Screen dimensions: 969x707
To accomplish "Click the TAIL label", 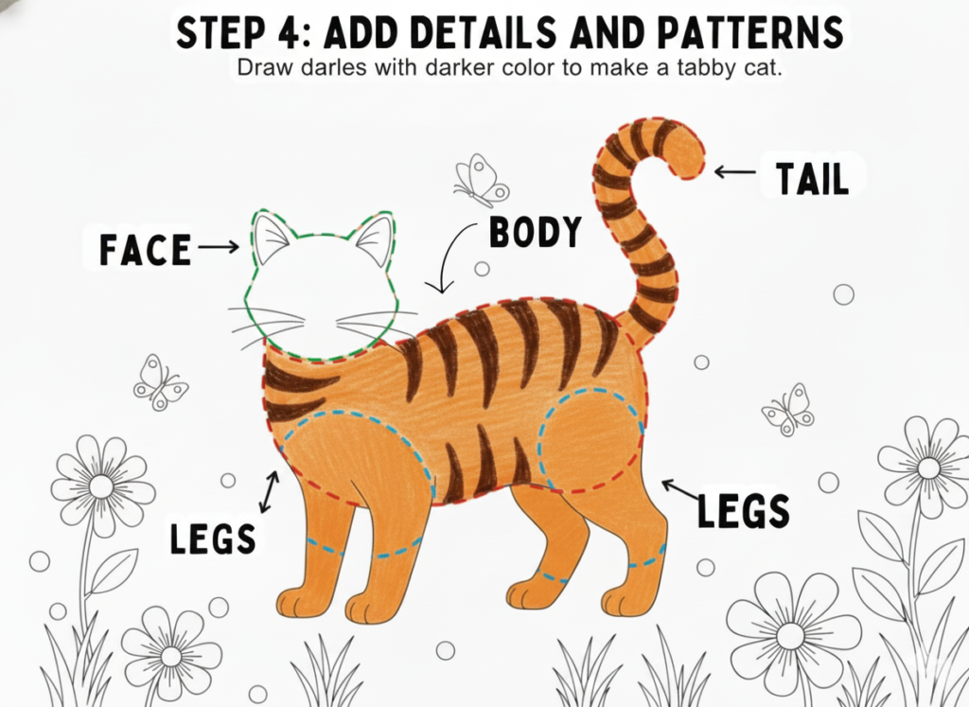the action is pyautogui.click(x=812, y=179).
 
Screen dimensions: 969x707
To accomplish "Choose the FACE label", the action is pyautogui.click(x=145, y=250).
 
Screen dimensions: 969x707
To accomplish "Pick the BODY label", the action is pyautogui.click(x=536, y=232).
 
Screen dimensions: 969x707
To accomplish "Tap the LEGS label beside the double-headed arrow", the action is pyautogui.click(x=213, y=538).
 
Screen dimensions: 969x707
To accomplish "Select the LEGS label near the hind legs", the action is pyautogui.click(x=744, y=512).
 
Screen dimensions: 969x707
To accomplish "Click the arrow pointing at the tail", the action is pyautogui.click(x=734, y=172).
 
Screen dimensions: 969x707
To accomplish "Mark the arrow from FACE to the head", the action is pyautogui.click(x=219, y=247).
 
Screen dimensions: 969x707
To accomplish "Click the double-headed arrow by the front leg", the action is pyautogui.click(x=270, y=492).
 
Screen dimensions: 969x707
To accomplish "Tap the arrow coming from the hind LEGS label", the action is pyautogui.click(x=679, y=490).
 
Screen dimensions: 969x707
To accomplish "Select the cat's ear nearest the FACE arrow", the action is pyautogui.click(x=270, y=238).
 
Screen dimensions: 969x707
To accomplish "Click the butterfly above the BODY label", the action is pyautogui.click(x=481, y=181).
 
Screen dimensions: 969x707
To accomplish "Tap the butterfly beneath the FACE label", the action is pyautogui.click(x=160, y=383).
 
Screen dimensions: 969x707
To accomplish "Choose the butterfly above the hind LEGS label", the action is pyautogui.click(x=787, y=409).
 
